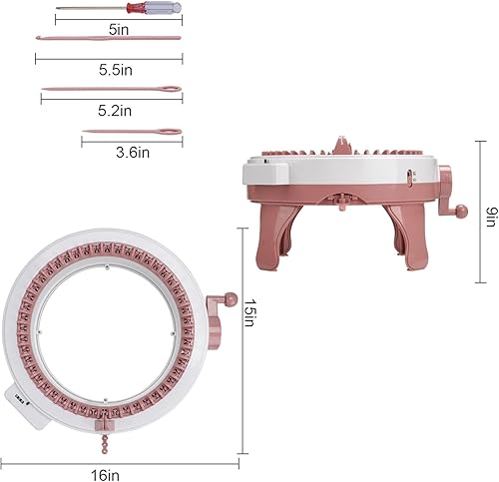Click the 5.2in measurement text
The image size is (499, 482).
click(111, 110)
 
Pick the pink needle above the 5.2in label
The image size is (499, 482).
click(112, 90)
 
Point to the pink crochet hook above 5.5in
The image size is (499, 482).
click(109, 39)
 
